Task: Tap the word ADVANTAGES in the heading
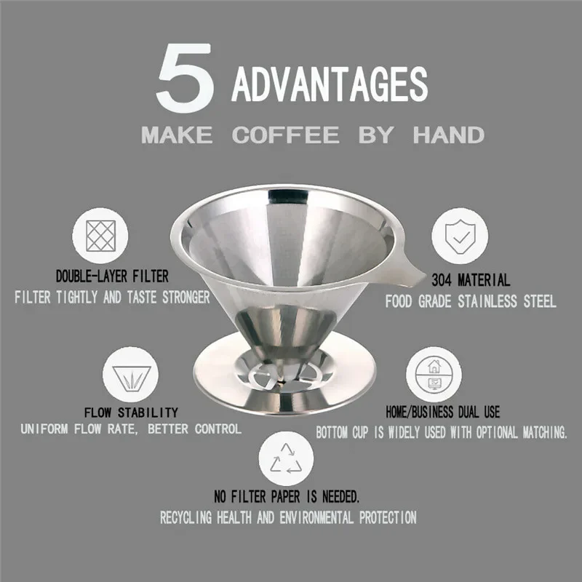[329, 84]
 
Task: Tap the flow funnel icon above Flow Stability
[130, 375]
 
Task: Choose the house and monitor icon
[433, 373]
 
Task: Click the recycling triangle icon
[287, 459]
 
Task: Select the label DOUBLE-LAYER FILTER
[112, 276]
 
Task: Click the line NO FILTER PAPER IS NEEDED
[287, 498]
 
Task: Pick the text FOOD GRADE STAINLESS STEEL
[471, 302]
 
